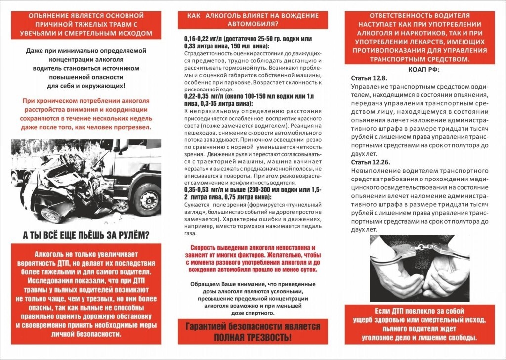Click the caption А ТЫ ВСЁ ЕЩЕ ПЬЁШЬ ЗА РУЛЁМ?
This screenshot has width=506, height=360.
[x=87, y=234]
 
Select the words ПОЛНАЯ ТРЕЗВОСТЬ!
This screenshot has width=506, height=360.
[x=252, y=338]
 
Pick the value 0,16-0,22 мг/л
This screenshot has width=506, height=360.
[x=203, y=39]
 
